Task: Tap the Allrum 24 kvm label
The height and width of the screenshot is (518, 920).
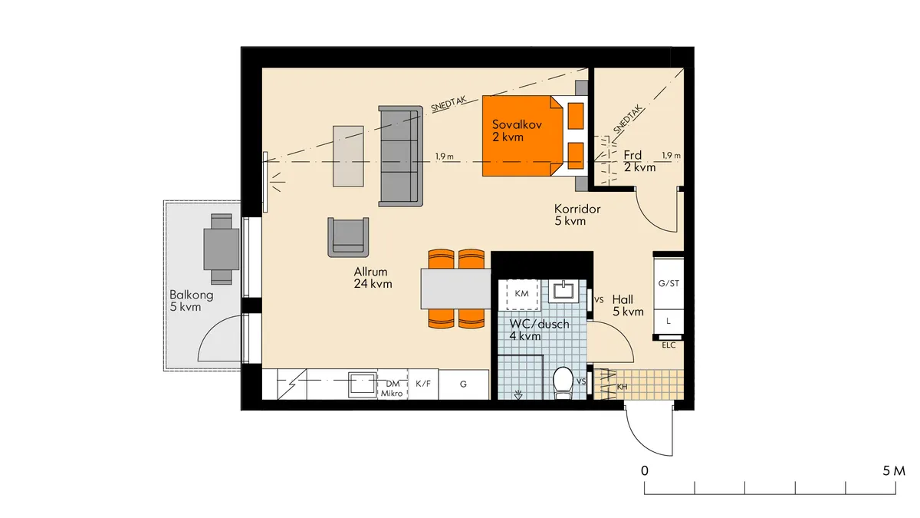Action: [x=373, y=278]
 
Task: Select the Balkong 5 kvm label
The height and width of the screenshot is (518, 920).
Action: [x=192, y=301]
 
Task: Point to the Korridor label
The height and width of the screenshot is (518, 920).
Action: [x=577, y=215]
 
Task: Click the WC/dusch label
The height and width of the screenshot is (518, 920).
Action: [x=539, y=330]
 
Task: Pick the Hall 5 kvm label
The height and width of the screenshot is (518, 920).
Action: [x=628, y=306]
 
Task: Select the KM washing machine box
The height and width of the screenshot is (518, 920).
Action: [x=521, y=295]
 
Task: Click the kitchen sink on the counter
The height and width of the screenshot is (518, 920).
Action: [x=361, y=384]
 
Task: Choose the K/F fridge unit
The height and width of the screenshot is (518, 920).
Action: [x=422, y=384]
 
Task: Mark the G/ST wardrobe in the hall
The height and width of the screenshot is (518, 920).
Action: [x=669, y=283]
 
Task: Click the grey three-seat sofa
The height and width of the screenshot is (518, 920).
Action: [x=400, y=156]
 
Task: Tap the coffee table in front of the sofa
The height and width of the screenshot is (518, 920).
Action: [x=347, y=156]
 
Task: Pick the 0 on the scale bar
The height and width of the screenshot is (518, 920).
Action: [x=646, y=470]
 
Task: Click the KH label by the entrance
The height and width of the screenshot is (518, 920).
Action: [x=622, y=387]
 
